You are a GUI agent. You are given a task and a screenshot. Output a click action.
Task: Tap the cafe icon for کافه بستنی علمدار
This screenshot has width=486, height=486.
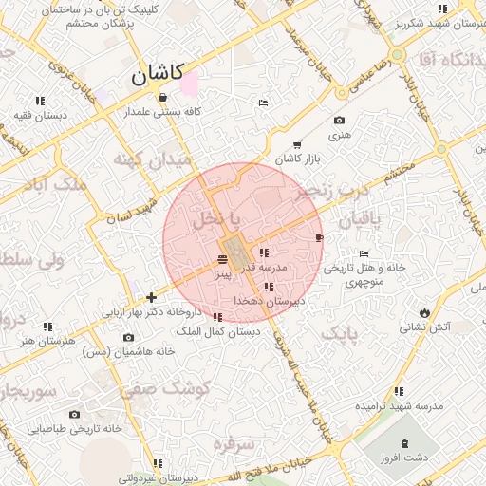[163, 98]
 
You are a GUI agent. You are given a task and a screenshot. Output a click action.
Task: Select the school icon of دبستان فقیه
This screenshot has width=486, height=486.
[40, 101]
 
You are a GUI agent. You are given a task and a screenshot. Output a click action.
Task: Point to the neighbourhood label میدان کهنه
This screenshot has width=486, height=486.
[153, 158]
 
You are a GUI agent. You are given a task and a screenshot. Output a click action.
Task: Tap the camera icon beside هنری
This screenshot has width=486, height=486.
[339, 121]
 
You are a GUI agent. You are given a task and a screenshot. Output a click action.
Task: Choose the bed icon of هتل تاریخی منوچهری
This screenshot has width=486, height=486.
[364, 254]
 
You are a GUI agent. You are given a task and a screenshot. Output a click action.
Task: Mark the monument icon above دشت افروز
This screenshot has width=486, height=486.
[404, 444]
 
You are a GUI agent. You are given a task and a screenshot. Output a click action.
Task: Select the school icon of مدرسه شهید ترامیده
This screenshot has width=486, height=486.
[399, 391]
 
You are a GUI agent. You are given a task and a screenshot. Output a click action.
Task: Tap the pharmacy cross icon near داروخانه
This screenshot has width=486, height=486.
[151, 297]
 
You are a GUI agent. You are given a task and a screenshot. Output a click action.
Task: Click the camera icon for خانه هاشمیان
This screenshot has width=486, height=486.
[128, 337]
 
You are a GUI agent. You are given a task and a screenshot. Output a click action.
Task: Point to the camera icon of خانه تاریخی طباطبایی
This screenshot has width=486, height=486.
[74, 414]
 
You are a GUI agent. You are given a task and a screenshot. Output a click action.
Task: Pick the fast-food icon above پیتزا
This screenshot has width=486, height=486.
[222, 259]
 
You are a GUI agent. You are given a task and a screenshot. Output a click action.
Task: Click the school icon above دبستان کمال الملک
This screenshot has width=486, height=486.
[218, 317]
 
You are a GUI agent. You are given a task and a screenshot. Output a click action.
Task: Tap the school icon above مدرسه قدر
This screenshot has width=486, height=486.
[263, 253]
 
